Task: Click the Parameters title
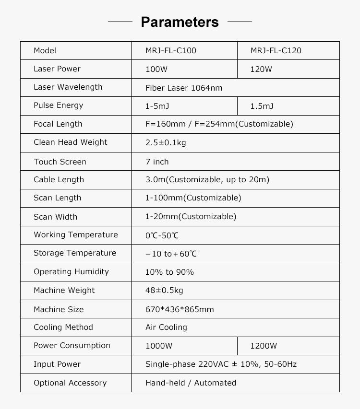(180, 22)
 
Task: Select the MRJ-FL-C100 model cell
(171, 51)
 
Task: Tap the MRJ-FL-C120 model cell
(276, 51)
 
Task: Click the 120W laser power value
(261, 69)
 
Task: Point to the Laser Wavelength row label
(68, 87)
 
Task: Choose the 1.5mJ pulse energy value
(262, 106)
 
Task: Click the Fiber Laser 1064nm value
(184, 88)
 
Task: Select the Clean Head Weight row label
(70, 142)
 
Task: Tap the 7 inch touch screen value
(157, 162)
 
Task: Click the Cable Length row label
(59, 180)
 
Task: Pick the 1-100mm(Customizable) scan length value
(193, 198)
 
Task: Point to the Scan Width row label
(55, 217)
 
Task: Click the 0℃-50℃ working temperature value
(162, 235)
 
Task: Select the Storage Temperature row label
(74, 253)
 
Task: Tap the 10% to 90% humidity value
(169, 272)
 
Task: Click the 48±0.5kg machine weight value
(164, 291)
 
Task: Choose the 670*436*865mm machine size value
(180, 309)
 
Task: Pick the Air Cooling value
(166, 327)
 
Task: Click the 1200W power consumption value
(264, 346)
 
